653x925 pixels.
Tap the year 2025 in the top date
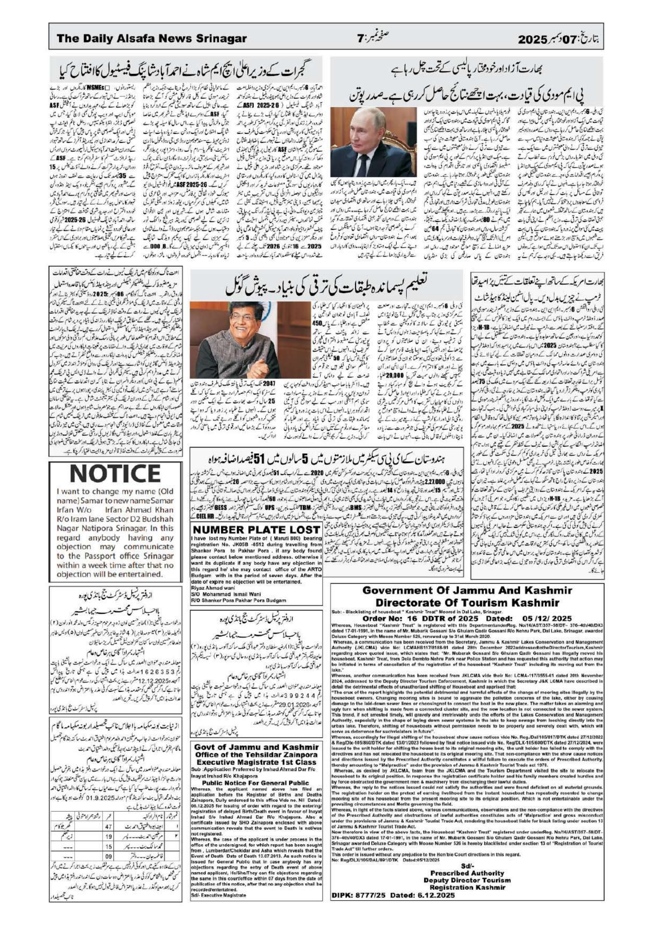coord(532,39)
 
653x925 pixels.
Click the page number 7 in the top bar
coord(360,39)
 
